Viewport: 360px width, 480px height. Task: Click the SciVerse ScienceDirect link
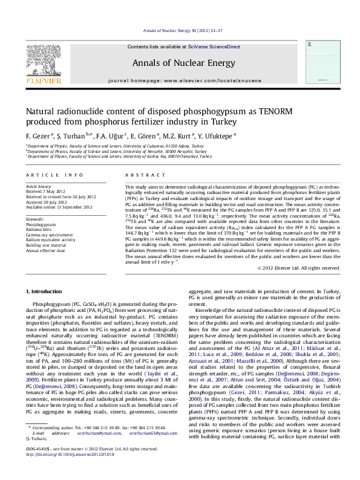(214, 47)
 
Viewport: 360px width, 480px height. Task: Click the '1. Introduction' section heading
(47, 291)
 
